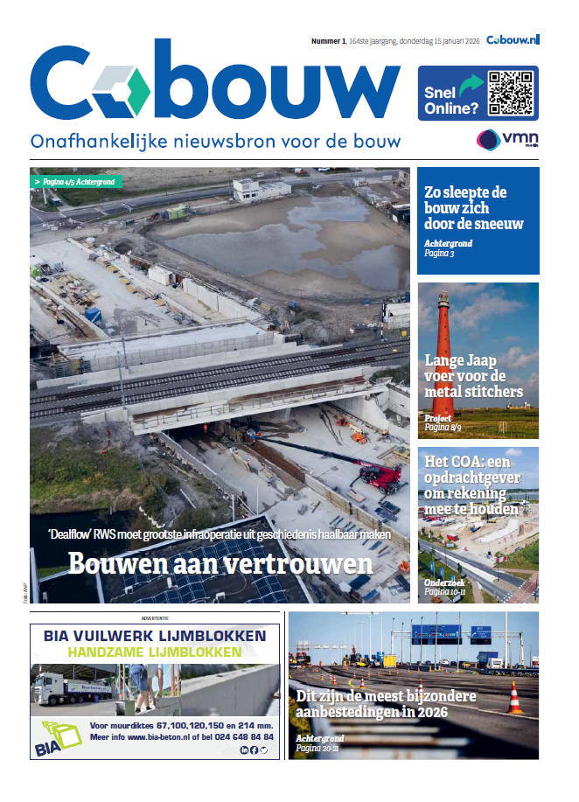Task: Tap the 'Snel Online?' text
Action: point(450,101)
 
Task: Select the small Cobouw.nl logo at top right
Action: point(513,39)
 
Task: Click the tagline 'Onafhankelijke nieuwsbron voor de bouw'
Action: point(215,141)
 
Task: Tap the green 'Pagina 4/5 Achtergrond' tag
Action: point(76,182)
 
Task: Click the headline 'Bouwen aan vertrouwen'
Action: point(220,563)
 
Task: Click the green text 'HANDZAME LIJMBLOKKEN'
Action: point(155,653)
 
